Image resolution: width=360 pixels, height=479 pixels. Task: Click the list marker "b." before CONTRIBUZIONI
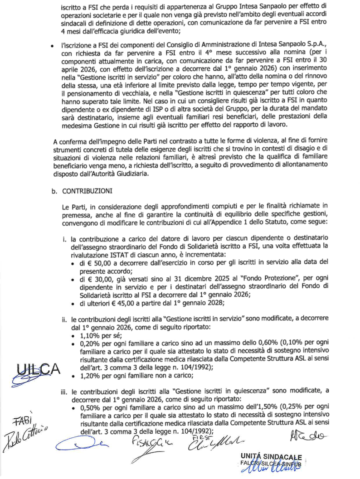(x=54, y=191)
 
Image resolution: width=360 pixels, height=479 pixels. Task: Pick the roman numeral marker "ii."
(x=65, y=319)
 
